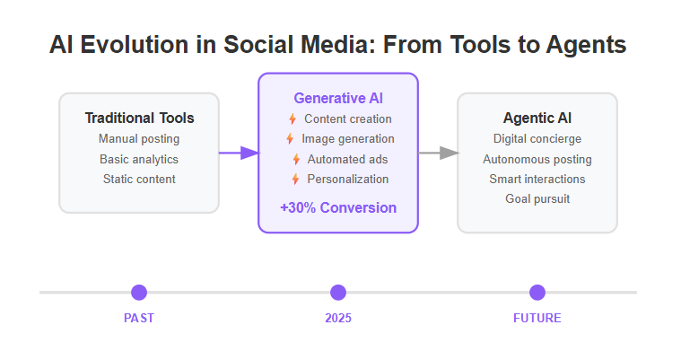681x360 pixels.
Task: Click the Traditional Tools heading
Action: click(x=139, y=119)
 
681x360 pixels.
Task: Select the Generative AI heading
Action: click(x=338, y=98)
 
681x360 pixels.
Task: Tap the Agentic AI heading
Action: click(x=537, y=119)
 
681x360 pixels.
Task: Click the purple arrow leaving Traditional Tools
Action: click(x=239, y=153)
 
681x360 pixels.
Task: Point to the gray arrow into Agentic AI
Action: click(x=438, y=153)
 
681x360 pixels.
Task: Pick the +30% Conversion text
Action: click(x=338, y=207)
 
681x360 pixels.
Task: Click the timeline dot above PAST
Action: click(x=139, y=293)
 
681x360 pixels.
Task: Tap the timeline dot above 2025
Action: click(x=338, y=293)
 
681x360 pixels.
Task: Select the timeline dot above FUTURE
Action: click(x=537, y=293)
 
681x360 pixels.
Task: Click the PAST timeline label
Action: click(x=139, y=319)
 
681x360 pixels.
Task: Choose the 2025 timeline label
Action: click(x=338, y=319)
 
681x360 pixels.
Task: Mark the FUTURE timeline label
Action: click(x=537, y=319)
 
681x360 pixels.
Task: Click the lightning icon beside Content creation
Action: click(x=292, y=119)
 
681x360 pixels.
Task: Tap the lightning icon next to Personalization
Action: click(x=295, y=179)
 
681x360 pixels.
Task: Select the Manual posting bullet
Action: click(x=139, y=138)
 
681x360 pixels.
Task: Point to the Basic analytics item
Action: click(x=139, y=159)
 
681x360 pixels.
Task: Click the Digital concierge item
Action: click(x=537, y=138)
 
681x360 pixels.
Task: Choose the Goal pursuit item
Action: click(x=537, y=198)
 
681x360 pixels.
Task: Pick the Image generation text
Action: click(x=348, y=138)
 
